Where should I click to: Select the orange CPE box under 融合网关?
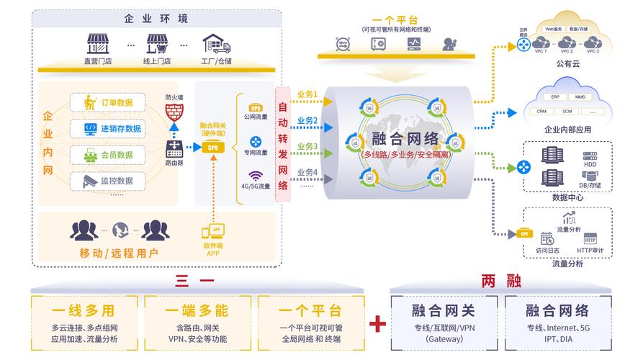tap(212, 148)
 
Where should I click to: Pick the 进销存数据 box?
tap(112, 129)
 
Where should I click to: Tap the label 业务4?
tap(307, 172)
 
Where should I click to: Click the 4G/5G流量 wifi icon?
tap(256, 176)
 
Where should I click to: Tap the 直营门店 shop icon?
tap(98, 45)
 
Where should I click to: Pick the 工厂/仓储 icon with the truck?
tap(217, 45)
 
